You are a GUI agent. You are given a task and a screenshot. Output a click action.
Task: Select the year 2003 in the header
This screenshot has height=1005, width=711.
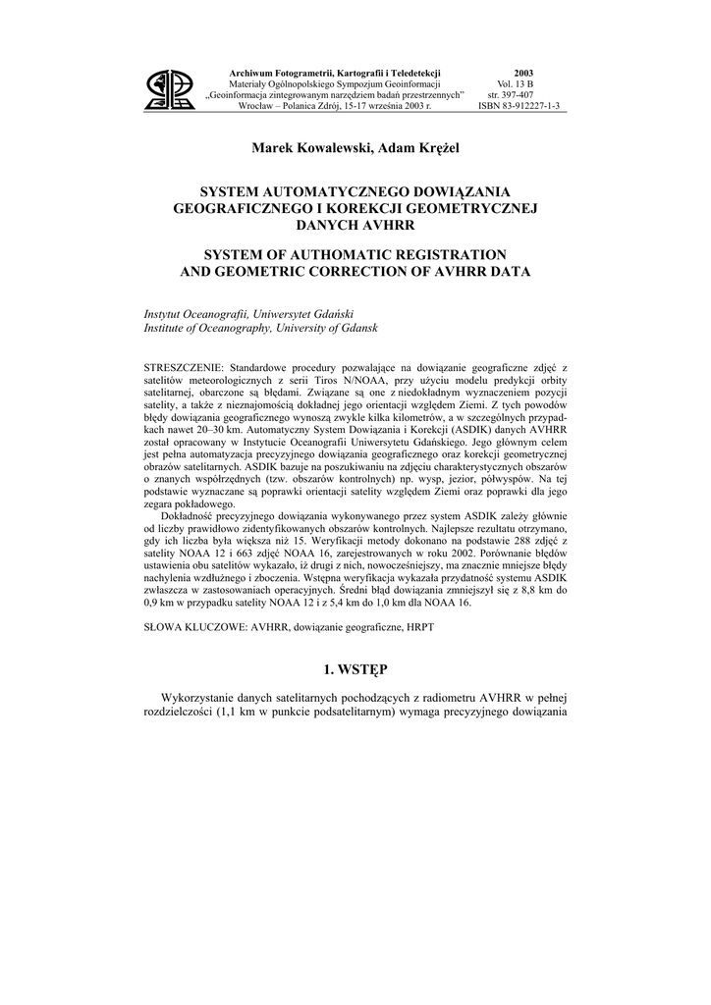tap(523, 74)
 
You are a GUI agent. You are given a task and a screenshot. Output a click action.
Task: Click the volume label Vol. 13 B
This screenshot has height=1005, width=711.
tap(523, 84)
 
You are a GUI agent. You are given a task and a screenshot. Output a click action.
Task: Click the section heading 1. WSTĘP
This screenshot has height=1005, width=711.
tap(355, 669)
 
